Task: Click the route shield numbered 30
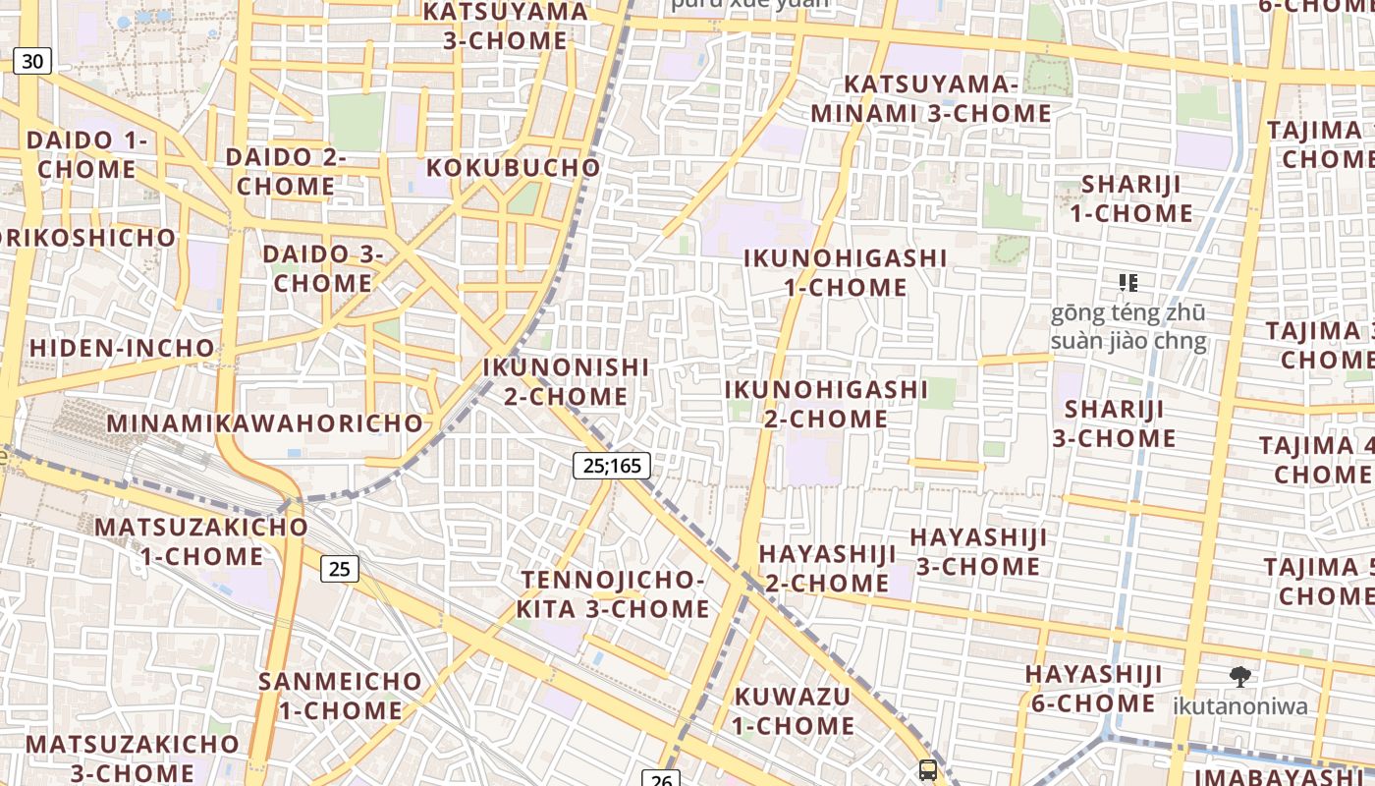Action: coord(32,61)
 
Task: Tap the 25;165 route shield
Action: coord(612,465)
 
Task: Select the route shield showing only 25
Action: coord(339,568)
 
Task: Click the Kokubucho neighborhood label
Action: coord(514,167)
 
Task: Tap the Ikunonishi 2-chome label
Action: coord(566,381)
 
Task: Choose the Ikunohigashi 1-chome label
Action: coord(845,272)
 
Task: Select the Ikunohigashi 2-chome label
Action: coord(825,404)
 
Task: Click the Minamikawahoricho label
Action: coord(265,423)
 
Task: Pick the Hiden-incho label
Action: coord(122,348)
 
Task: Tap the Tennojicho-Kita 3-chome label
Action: coord(613,594)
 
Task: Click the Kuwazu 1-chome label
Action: coord(794,711)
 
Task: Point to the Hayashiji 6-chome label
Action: coord(1093,689)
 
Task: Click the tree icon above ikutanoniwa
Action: coord(1240,676)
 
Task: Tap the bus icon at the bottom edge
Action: coord(927,770)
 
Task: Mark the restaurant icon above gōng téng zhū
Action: coord(1128,284)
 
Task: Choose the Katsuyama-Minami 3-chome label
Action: coord(931,98)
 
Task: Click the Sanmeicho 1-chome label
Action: coord(340,696)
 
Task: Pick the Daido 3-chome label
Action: coord(322,268)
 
